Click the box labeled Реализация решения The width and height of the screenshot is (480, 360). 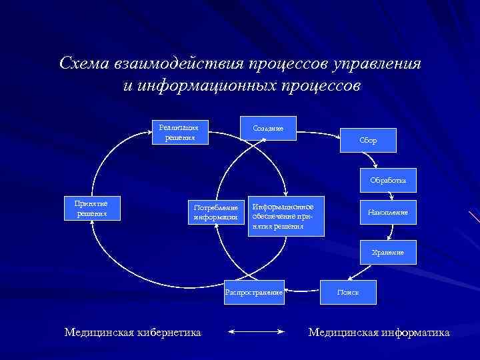[180, 132]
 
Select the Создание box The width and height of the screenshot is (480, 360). [268, 128]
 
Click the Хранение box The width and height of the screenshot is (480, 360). [387, 252]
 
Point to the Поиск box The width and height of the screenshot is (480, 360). [348, 292]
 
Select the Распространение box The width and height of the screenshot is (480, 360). [254, 292]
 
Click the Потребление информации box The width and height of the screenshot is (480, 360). [215, 212]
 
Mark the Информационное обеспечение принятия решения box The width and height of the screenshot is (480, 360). [285, 216]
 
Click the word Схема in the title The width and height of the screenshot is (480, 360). [84, 64]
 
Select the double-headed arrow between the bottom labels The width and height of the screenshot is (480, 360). [256, 331]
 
